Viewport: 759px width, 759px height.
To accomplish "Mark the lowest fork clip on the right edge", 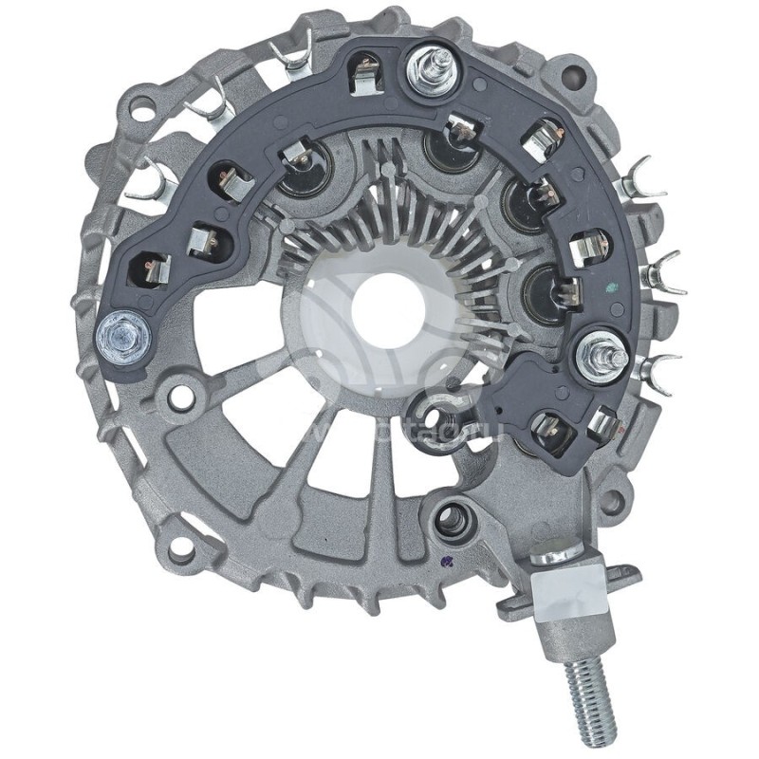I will (x=659, y=366).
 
